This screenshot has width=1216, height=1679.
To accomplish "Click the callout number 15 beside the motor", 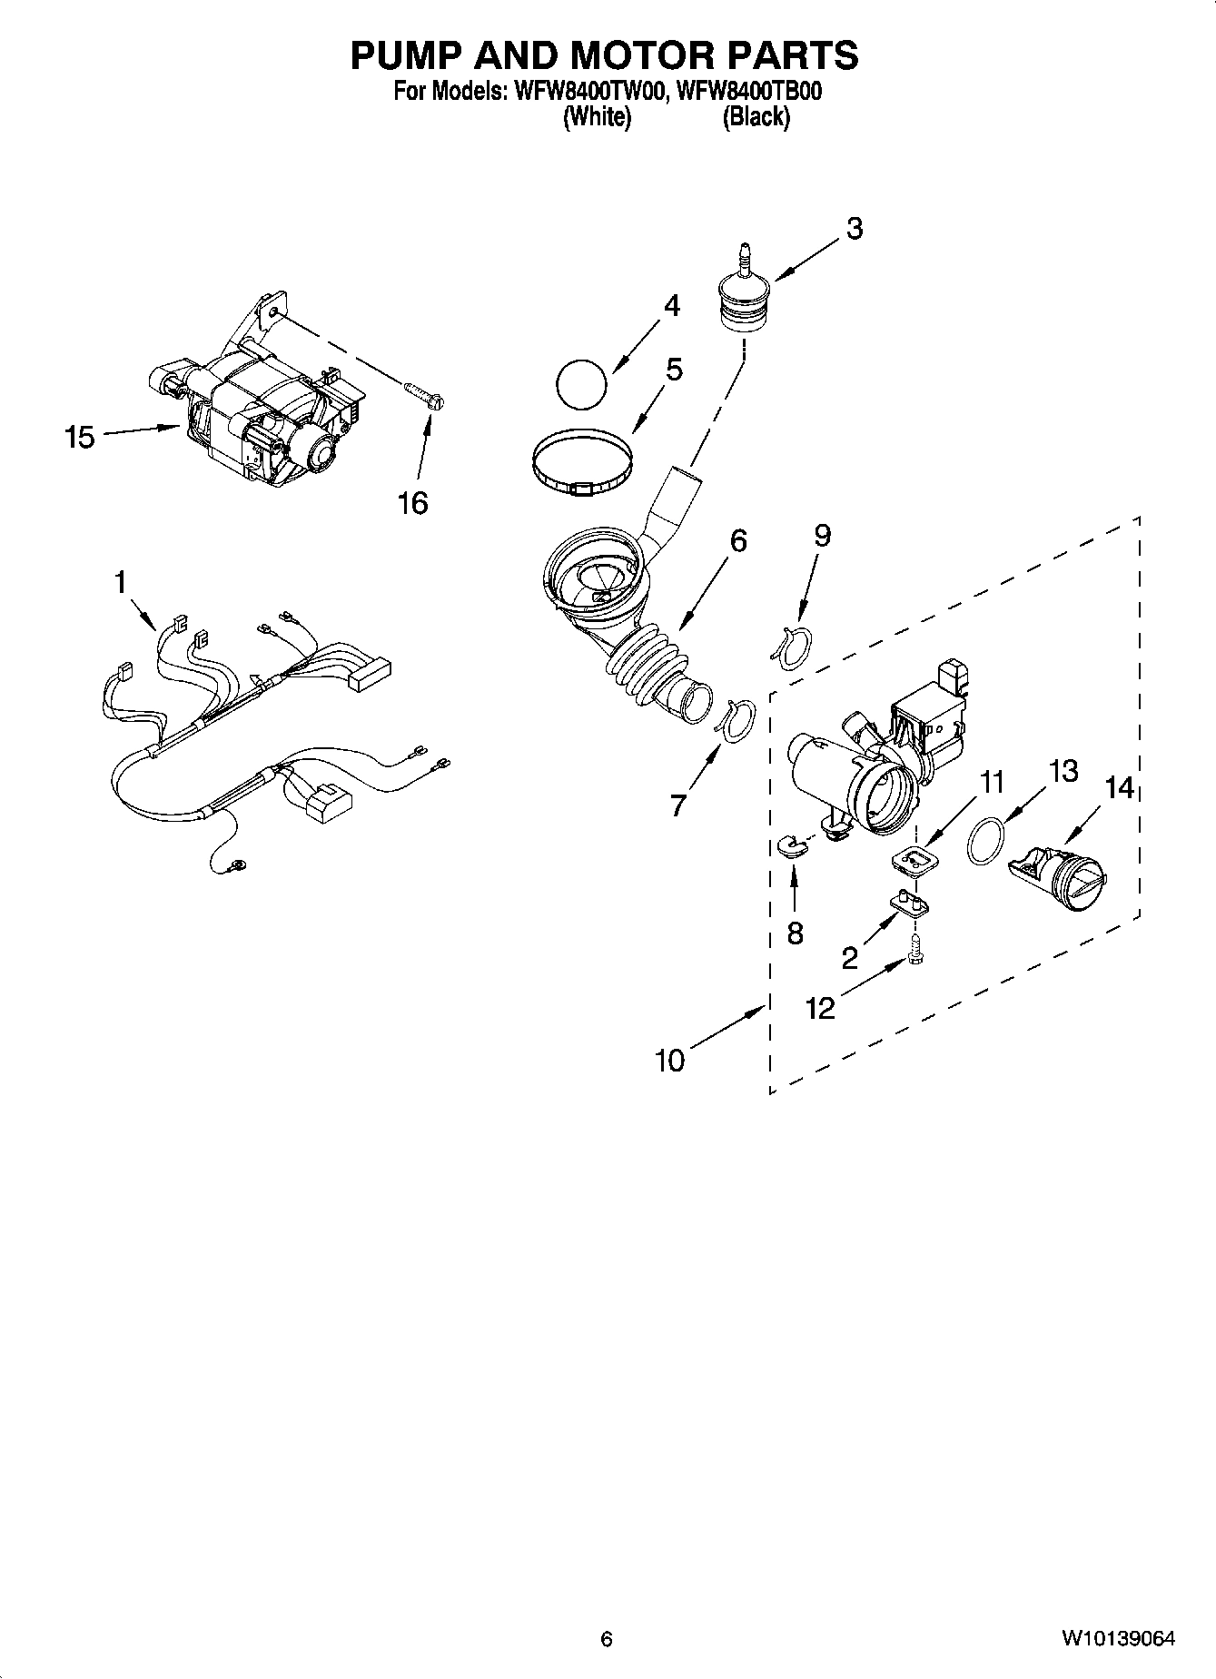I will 80,438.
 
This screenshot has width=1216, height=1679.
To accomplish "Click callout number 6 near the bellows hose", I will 738,541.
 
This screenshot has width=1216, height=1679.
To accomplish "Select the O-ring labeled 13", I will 986,841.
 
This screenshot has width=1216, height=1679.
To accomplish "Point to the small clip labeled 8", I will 792,848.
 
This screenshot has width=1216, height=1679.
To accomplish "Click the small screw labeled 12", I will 915,952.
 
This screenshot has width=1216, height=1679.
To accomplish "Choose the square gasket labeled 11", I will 914,859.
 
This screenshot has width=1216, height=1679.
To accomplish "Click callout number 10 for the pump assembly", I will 670,1060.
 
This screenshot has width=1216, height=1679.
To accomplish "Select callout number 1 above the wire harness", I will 122,582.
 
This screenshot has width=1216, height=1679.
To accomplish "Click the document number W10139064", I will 1119,1639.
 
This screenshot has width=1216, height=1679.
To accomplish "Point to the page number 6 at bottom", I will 607,1639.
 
